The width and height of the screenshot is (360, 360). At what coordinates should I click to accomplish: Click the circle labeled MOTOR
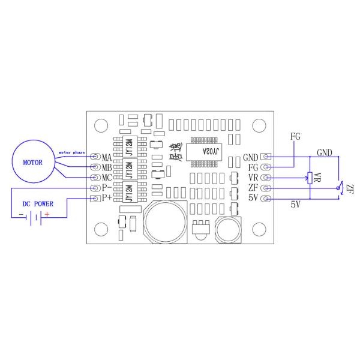coord(34,162)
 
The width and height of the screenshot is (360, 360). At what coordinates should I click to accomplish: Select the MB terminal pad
coord(94,167)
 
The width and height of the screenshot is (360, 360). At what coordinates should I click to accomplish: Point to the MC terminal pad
coord(94,178)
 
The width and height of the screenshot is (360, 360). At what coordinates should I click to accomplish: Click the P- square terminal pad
coord(94,188)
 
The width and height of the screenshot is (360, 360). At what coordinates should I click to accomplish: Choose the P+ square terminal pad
coord(94,199)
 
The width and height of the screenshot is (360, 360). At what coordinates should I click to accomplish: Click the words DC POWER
coord(34,204)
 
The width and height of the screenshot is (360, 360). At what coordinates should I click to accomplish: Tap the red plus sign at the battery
coord(47,215)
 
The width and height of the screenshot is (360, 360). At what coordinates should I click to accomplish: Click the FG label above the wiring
coord(295,136)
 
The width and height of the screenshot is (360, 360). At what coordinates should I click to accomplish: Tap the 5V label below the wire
coord(295,205)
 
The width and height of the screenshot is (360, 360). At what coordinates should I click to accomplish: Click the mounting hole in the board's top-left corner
coord(100,125)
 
